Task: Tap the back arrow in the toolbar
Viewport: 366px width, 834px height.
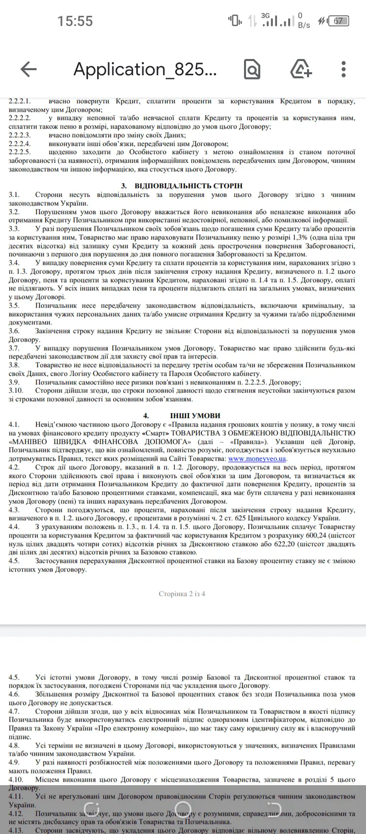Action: tap(28, 69)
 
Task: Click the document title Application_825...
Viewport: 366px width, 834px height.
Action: tap(145, 69)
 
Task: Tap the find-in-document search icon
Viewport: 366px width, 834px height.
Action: tap(252, 69)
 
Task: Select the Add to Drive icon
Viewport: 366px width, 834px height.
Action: tap(300, 69)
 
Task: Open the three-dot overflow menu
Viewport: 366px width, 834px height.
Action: tap(344, 69)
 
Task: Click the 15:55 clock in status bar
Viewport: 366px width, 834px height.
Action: tap(75, 21)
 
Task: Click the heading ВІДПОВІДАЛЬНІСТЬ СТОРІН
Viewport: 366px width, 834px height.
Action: tap(189, 186)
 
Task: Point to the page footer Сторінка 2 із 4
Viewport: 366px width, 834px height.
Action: tap(182, 593)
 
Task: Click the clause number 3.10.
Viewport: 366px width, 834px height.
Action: tap(16, 391)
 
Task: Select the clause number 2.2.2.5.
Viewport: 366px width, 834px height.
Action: tap(20, 152)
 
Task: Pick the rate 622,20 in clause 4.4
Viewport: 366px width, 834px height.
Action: tap(288, 544)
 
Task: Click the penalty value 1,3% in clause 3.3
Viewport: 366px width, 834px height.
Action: tap(302, 237)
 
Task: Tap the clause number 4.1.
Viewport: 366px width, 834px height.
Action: tap(14, 424)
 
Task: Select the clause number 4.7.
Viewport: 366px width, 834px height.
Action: tap(14, 711)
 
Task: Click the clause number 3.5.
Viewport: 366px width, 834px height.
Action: tap(14, 305)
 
